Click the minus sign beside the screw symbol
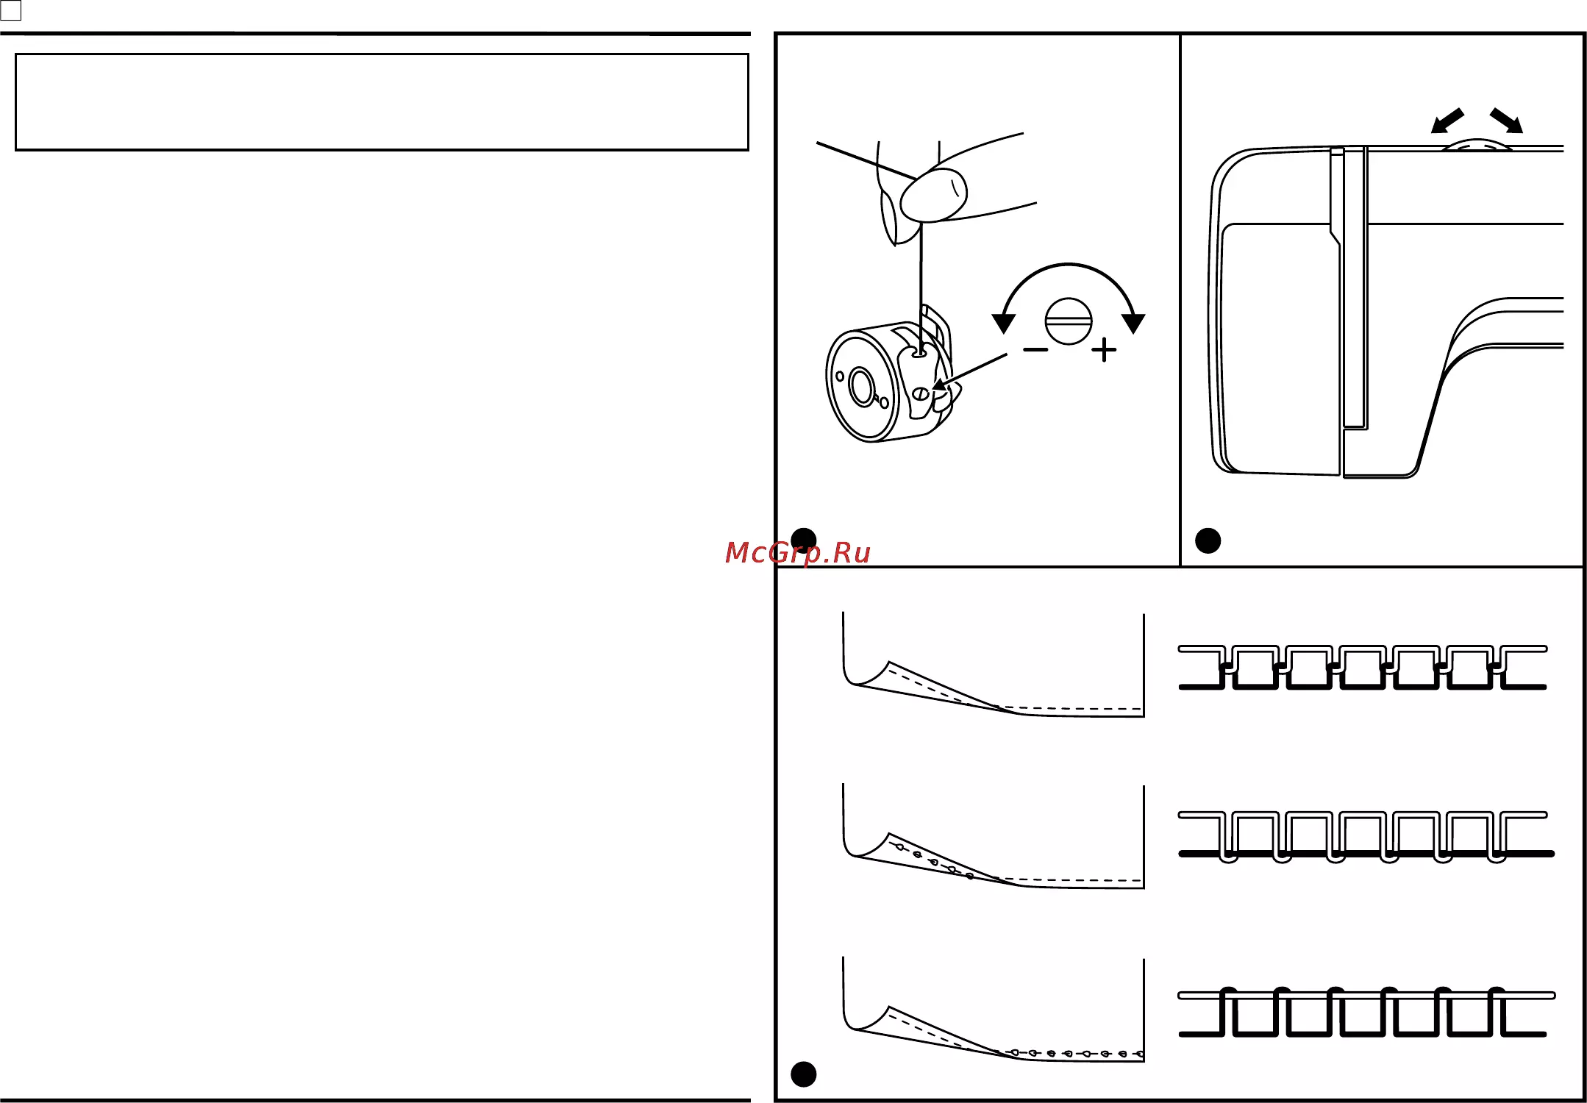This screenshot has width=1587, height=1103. [1035, 350]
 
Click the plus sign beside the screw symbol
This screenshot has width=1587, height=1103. [1104, 350]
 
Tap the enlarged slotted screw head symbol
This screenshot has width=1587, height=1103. [1069, 321]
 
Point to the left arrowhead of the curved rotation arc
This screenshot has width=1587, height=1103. [1004, 323]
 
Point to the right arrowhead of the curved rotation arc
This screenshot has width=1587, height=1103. [1133, 323]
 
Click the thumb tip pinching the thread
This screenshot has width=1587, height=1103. [933, 195]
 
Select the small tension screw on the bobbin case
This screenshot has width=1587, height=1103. [920, 394]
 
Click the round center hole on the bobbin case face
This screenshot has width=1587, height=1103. [861, 387]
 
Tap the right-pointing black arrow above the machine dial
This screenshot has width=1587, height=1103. [1506, 121]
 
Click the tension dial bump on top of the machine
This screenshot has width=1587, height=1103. [1477, 144]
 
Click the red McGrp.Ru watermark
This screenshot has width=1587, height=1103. [797, 553]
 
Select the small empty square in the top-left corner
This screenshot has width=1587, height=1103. [11, 10]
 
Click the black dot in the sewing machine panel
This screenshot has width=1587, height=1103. [1208, 541]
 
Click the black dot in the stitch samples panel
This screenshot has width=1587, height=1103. [803, 1074]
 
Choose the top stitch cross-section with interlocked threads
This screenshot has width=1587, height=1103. [1363, 668]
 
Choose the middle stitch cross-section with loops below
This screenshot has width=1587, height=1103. [1366, 837]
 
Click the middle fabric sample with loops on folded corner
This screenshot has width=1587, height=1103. [994, 837]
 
